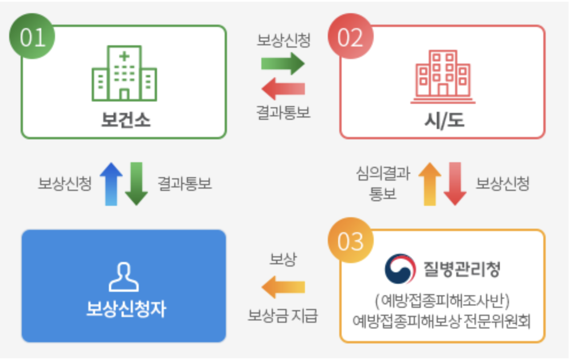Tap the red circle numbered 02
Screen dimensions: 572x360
click(351, 37)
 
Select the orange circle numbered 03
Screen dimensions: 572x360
click(351, 241)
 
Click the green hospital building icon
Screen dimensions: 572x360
click(124, 76)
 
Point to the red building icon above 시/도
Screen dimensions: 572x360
click(442, 76)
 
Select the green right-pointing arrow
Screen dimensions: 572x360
click(283, 64)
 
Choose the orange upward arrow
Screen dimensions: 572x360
click(430, 183)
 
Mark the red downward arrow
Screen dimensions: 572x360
click(456, 183)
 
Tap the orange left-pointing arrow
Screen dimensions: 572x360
click(283, 287)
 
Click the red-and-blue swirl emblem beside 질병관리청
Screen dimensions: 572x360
click(399, 269)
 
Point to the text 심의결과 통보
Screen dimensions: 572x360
click(383, 183)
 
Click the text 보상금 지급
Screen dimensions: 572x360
click(283, 316)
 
